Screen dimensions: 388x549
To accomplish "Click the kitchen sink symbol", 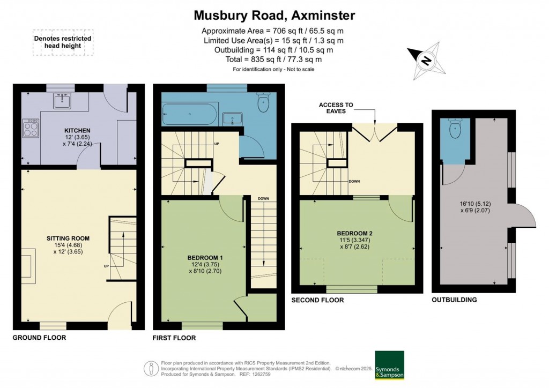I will [x=63, y=101].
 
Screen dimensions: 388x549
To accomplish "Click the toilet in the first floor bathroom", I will [x=263, y=103].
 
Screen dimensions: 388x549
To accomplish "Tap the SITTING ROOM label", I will [x=68, y=238].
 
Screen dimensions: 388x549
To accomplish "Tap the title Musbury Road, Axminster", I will [x=274, y=15].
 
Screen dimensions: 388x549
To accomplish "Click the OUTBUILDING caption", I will [x=454, y=300].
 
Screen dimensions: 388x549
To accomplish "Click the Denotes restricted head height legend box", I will [x=63, y=42].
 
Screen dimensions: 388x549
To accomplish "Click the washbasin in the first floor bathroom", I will [x=233, y=118].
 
